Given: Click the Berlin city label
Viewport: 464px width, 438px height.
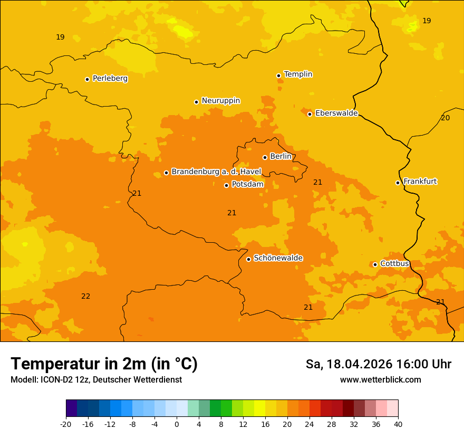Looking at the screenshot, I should click(281, 156).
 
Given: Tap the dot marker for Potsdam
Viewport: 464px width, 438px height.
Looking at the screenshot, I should click(226, 185).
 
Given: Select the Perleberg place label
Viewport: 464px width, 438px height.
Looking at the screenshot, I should click(110, 78).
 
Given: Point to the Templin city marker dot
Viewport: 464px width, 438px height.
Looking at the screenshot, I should click(278, 75).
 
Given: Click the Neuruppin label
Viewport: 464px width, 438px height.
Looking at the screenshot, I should click(220, 100).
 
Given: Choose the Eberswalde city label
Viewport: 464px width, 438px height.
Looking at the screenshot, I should click(336, 113).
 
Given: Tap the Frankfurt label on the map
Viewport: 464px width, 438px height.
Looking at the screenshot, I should click(420, 181).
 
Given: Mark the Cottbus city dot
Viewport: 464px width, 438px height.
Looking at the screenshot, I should click(375, 264).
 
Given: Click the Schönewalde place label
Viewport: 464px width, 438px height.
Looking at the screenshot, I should click(278, 258).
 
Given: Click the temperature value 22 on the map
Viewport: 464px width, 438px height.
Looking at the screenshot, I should click(85, 296).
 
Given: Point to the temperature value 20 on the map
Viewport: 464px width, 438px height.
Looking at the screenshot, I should click(445, 118).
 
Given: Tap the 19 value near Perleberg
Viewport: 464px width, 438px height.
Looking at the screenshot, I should click(60, 37).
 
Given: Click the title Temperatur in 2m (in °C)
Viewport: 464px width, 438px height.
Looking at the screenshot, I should click(104, 364).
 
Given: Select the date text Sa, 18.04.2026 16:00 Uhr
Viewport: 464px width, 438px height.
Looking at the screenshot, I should click(378, 364).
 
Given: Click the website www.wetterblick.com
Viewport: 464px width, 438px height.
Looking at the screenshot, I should click(380, 379).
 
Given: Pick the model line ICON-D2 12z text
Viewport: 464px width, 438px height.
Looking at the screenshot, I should click(96, 379).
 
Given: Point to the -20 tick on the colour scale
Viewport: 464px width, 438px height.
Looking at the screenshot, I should click(66, 424).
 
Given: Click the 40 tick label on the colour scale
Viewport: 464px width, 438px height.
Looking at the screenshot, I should click(398, 424).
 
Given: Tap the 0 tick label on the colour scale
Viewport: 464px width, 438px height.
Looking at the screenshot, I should click(177, 424).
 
